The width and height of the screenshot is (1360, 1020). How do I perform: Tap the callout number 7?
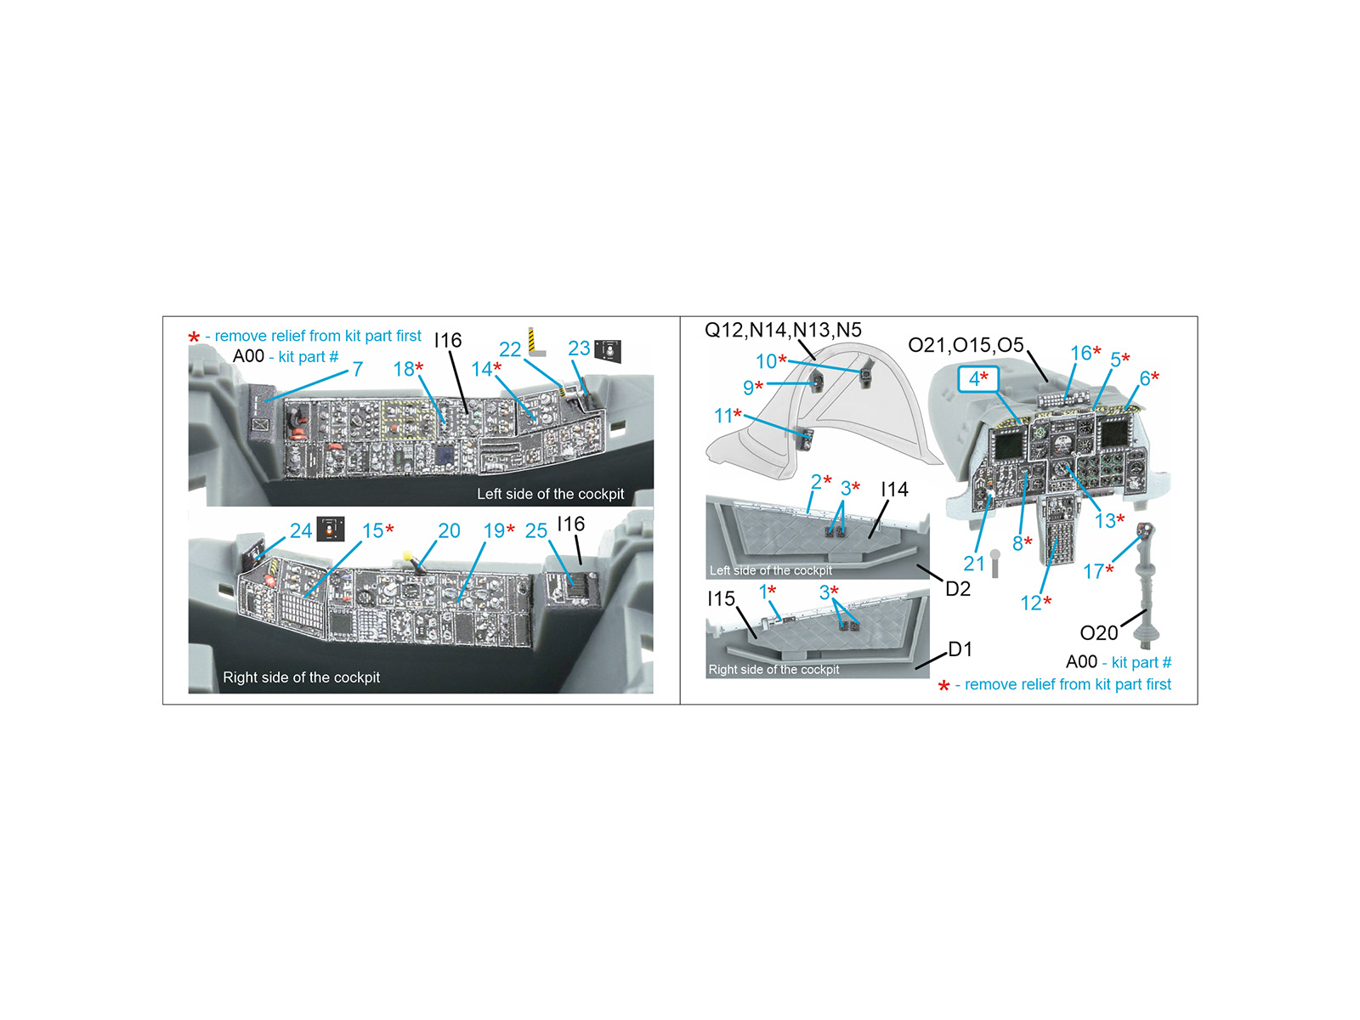(x=358, y=369)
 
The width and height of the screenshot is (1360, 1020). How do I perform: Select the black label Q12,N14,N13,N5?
(x=783, y=330)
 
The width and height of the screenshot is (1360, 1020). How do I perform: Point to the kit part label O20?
(x=1099, y=633)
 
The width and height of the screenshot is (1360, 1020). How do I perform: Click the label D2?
(x=958, y=588)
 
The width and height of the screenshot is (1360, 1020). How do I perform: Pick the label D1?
(x=960, y=649)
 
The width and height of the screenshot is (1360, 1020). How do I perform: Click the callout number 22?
(x=510, y=349)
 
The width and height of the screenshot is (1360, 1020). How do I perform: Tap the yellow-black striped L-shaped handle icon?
(x=535, y=342)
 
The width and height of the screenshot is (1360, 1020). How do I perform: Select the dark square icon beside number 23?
(x=607, y=351)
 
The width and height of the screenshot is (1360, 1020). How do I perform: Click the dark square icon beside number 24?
(x=331, y=530)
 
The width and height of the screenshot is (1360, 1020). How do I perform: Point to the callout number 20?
(x=449, y=530)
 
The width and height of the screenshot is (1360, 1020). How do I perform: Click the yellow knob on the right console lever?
(x=408, y=556)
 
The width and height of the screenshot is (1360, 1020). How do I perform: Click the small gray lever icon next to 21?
(x=995, y=564)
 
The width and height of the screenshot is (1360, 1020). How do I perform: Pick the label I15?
(x=721, y=598)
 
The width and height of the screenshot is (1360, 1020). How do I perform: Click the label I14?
(x=895, y=490)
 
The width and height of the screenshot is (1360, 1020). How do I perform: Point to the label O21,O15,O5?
(x=966, y=345)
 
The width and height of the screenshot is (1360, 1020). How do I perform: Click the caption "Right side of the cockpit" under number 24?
(x=301, y=677)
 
